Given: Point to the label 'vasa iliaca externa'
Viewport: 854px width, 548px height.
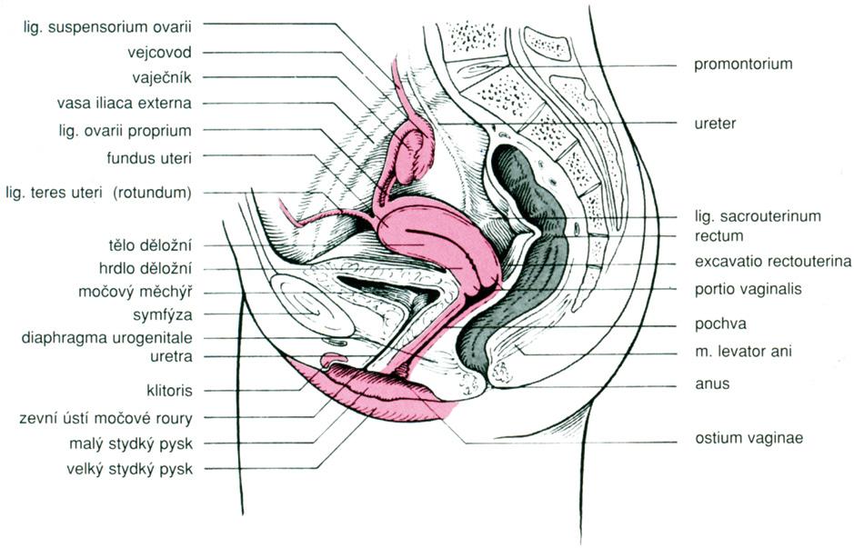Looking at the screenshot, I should pyautogui.click(x=128, y=103).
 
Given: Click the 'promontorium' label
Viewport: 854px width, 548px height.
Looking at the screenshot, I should pyautogui.click(x=743, y=65).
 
